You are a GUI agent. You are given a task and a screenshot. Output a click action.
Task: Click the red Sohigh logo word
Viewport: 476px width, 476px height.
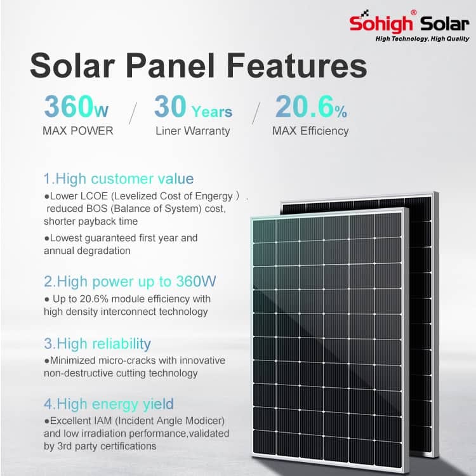coord(381,23)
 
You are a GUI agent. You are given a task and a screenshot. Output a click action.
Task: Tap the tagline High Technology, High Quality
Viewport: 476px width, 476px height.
coord(422,39)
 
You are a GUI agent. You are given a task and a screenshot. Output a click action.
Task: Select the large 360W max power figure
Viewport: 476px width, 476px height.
coord(76,106)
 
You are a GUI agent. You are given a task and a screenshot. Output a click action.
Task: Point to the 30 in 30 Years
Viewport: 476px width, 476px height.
coord(170,106)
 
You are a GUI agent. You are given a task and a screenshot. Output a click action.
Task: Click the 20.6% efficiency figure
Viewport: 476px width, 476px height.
coord(311,107)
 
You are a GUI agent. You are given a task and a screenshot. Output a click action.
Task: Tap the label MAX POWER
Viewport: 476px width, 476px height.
coord(77,131)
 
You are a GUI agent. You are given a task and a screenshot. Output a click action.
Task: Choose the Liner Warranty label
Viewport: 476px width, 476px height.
coord(193,131)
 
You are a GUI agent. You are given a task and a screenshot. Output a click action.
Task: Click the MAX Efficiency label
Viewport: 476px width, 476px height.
coord(310,131)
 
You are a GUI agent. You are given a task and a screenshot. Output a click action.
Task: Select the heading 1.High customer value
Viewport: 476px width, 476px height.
coord(119,178)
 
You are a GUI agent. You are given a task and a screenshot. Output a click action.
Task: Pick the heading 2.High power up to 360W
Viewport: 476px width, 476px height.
coord(130,281)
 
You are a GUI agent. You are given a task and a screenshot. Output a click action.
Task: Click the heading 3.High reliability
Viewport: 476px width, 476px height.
coord(98,343)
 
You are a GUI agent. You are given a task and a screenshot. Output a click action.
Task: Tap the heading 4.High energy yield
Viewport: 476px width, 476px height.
coord(109,404)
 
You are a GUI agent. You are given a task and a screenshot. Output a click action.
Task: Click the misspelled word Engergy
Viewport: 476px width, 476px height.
coord(214,196)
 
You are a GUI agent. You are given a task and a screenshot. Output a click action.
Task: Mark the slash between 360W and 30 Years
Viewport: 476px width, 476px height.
coord(133,113)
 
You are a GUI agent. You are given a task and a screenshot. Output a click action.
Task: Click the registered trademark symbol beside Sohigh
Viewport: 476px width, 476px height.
coord(413,13)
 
